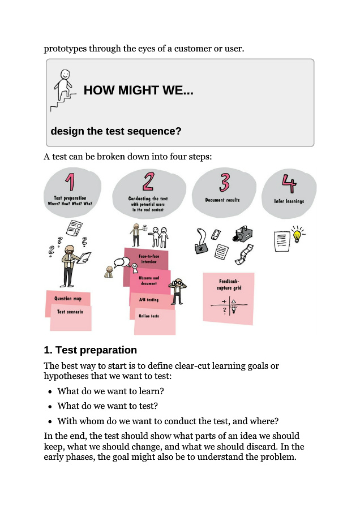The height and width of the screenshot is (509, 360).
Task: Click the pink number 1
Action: point(70,182)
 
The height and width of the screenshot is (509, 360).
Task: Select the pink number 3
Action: point(225,182)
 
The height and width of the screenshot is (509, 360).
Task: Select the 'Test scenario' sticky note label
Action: point(70,312)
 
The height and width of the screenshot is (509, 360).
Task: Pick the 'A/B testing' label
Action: point(149,300)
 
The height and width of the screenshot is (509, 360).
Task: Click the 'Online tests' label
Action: point(149,316)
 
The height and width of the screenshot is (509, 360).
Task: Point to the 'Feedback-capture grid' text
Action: point(229,284)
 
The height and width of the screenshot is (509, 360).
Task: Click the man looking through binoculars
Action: point(179,290)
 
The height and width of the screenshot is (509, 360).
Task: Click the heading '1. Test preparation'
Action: point(91,350)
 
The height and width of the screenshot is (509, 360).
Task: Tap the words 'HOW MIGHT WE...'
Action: point(139,90)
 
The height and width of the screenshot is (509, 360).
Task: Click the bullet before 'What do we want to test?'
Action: point(50,406)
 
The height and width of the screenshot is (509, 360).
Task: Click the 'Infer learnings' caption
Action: point(289,201)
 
